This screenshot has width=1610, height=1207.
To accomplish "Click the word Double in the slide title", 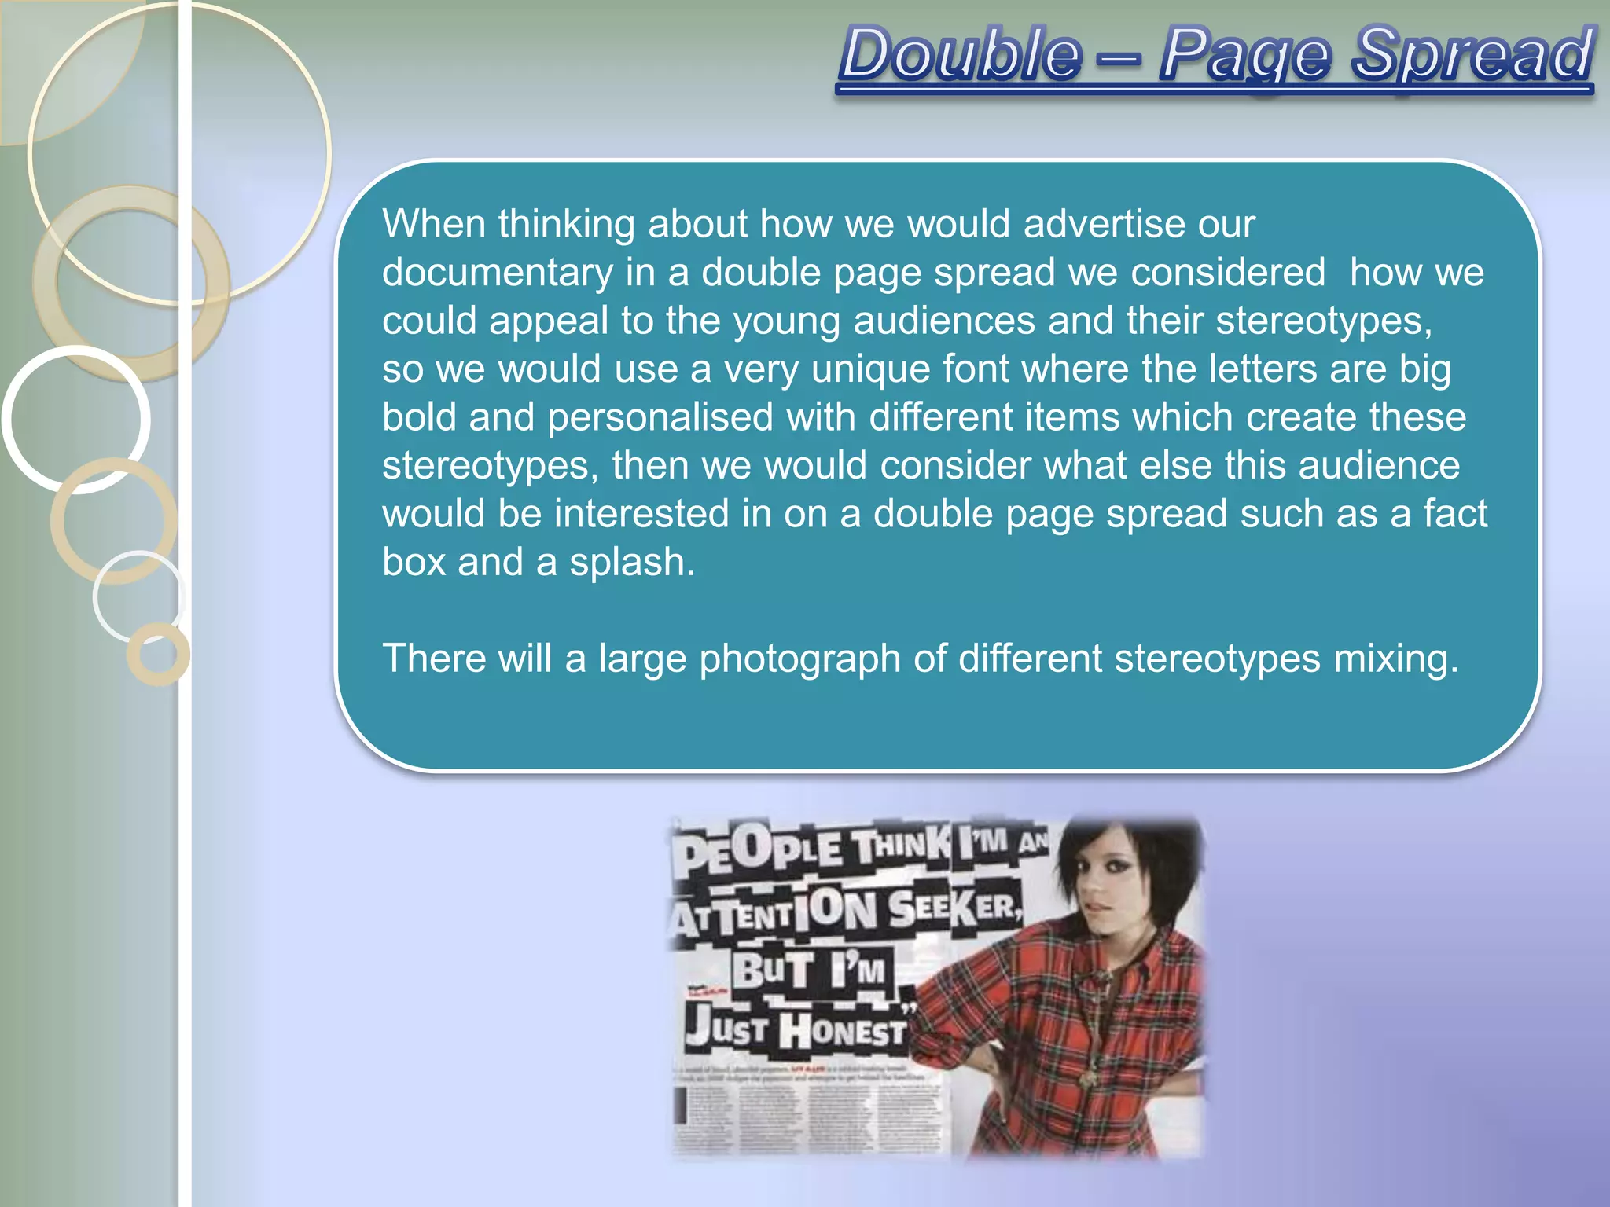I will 961,55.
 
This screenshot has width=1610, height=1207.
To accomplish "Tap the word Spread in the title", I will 1472,55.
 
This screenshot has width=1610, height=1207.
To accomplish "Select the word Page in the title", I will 1245,55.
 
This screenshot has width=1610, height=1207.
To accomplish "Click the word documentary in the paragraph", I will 498,273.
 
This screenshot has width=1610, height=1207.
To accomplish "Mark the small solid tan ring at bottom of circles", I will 158,654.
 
